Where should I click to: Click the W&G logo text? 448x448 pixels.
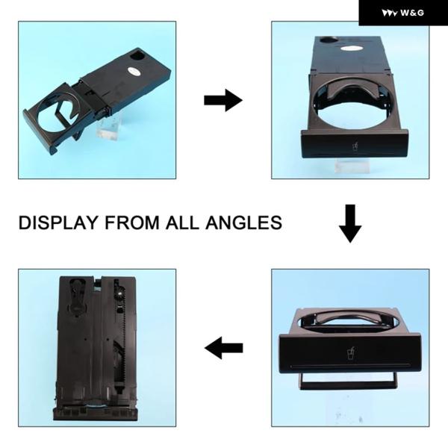[412, 13]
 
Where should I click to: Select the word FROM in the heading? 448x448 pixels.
[131, 223]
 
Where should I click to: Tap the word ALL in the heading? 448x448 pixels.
[182, 223]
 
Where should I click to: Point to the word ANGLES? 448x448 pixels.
[243, 223]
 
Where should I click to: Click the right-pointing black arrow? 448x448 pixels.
[223, 100]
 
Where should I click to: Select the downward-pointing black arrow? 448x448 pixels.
[350, 224]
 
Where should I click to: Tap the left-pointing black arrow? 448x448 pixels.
[224, 348]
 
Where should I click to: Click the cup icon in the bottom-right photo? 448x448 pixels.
[351, 354]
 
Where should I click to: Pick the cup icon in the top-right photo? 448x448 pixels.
[355, 147]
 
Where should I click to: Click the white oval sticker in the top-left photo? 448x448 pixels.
[134, 71]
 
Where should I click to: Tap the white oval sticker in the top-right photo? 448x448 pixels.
[351, 49]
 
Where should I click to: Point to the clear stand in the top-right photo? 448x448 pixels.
[352, 165]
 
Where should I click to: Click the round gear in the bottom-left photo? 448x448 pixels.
[120, 292]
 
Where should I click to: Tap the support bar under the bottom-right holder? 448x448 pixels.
[348, 382]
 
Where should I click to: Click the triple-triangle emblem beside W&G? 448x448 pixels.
[389, 13]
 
